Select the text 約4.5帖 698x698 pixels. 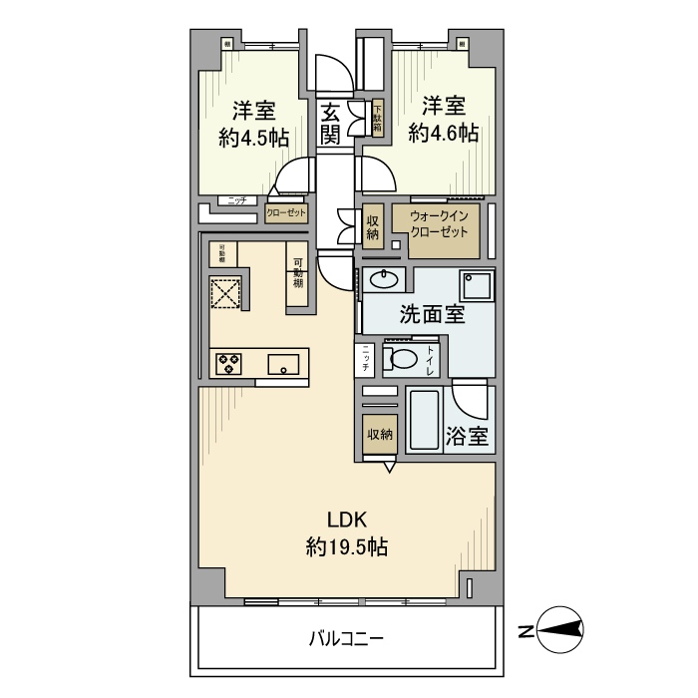tap(253, 138)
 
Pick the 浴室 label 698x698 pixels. tap(468, 436)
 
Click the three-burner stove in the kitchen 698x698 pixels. tap(229, 364)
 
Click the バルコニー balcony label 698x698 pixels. tap(346, 637)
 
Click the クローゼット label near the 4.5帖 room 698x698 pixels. tap(287, 213)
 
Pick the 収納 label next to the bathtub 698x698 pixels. tap(379, 434)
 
